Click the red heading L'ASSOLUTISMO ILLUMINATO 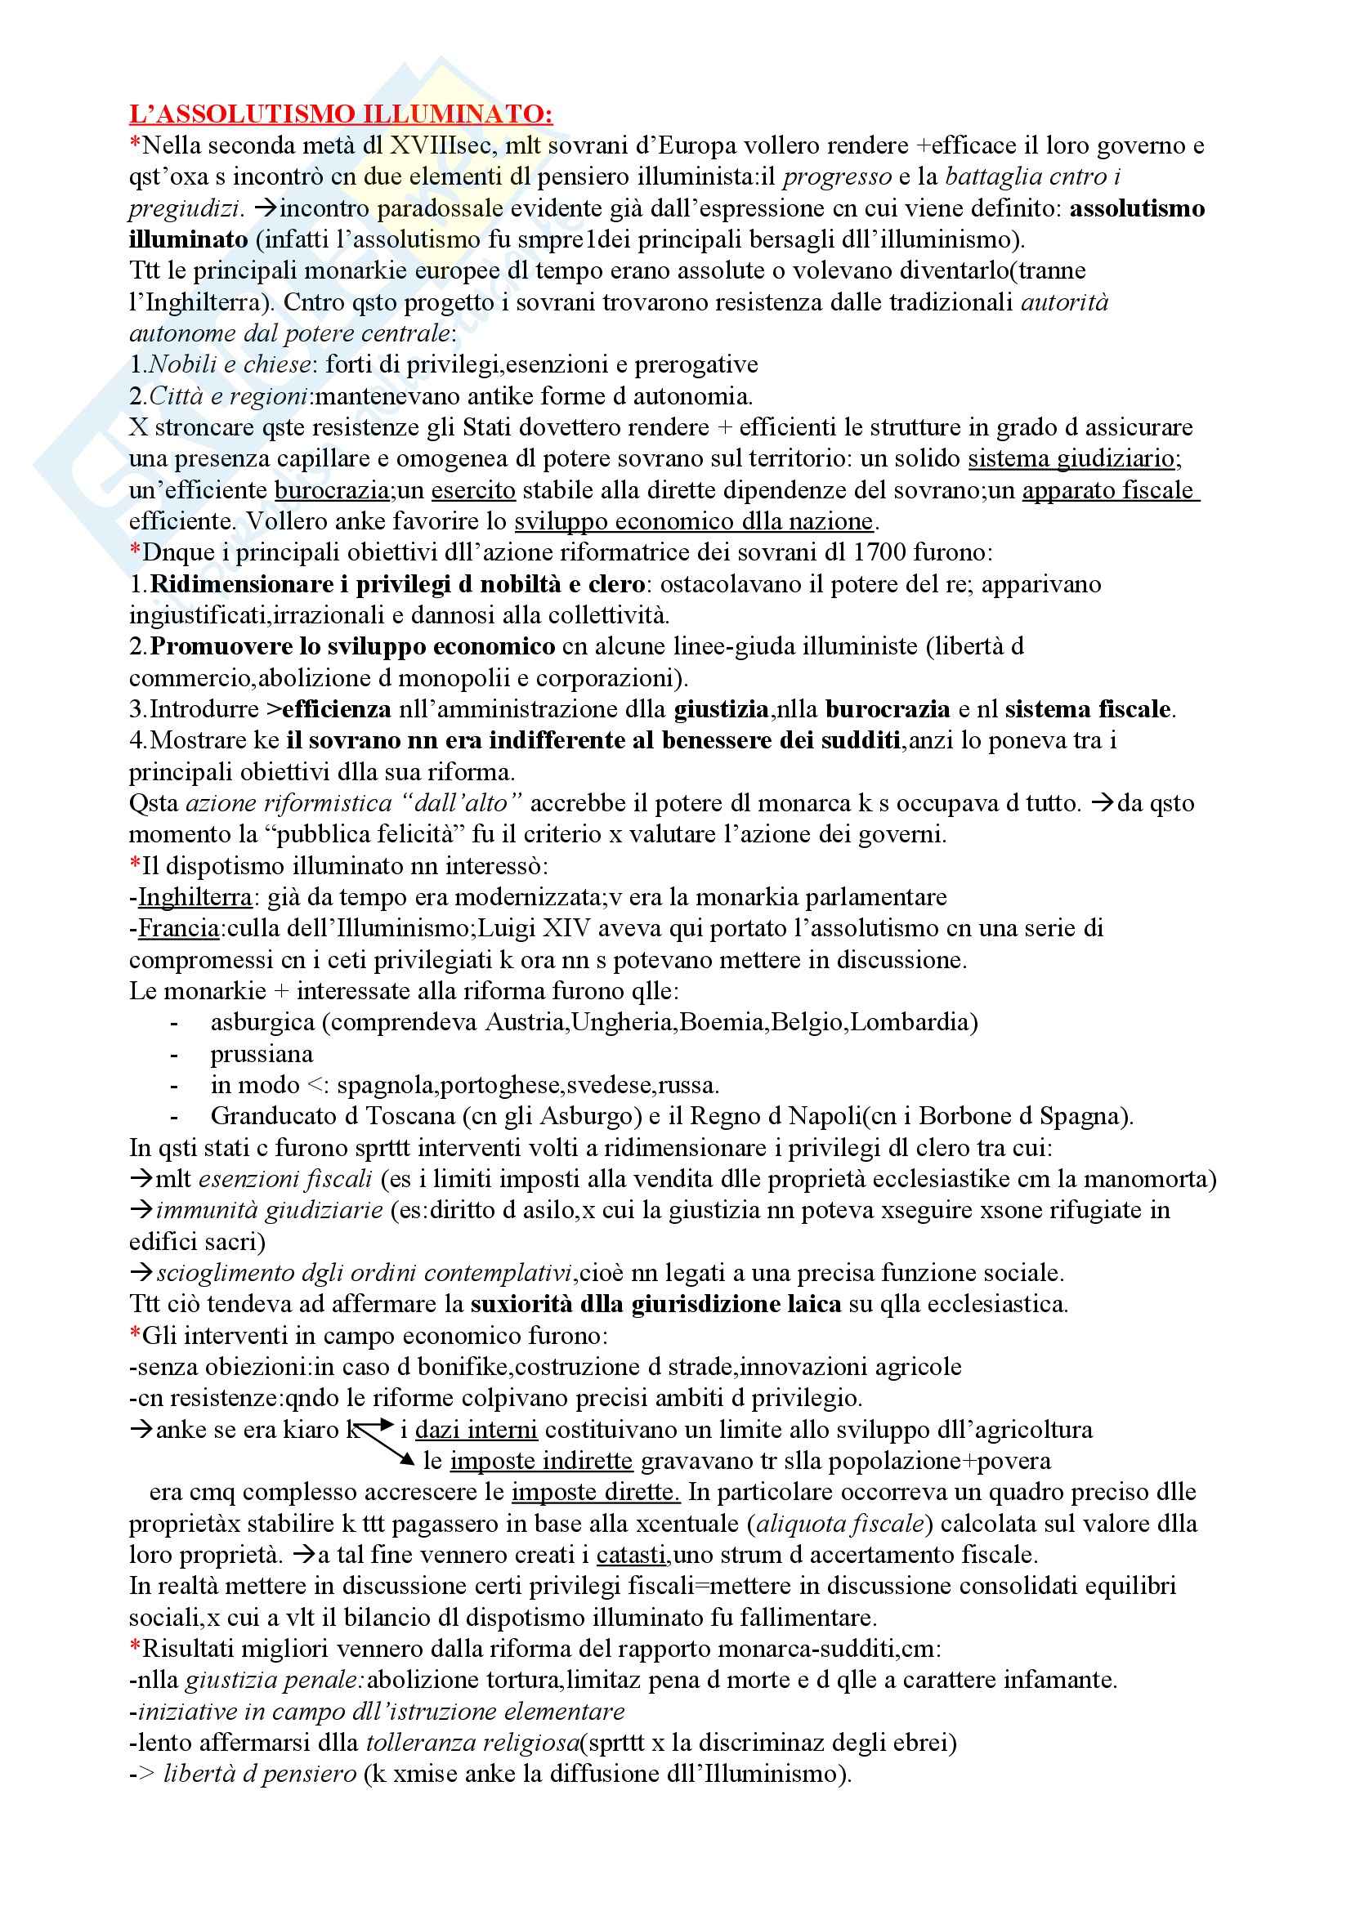click(341, 114)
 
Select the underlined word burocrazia click(332, 490)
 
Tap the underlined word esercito click(472, 490)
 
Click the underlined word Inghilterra click(195, 897)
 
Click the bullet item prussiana click(262, 1054)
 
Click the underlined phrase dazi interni click(476, 1430)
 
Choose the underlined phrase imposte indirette click(541, 1461)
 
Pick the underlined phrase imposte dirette click(595, 1493)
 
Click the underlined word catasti click(631, 1555)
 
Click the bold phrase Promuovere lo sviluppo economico click(353, 647)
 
